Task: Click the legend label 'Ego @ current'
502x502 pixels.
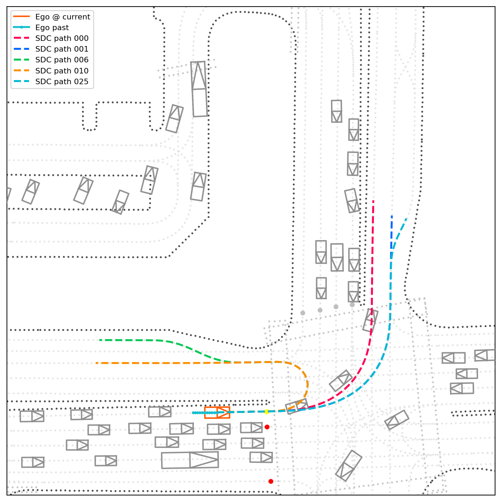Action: [x=62, y=17]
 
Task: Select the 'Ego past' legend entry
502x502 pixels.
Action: [x=52, y=28]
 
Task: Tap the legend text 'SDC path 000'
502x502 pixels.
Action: [x=62, y=38]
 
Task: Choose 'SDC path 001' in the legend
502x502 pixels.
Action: [x=62, y=49]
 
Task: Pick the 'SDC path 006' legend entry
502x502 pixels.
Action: [x=62, y=60]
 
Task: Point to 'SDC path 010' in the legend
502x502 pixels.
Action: [x=62, y=71]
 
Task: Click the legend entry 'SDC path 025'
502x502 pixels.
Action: [x=62, y=82]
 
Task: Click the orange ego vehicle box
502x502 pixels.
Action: [x=217, y=413]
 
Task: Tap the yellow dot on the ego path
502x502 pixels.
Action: [x=266, y=412]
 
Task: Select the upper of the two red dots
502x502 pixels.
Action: [x=267, y=427]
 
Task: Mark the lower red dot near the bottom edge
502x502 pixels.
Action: [x=271, y=481]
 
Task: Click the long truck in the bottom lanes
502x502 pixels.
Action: [x=190, y=460]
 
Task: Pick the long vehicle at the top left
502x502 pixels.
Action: [x=199, y=89]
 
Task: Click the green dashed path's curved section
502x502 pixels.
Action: [x=194, y=350]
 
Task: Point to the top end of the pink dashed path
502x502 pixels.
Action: [x=373, y=201]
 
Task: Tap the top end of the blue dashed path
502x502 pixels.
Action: [x=392, y=216]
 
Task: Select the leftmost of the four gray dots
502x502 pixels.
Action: [x=303, y=313]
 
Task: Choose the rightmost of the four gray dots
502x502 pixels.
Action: [x=352, y=305]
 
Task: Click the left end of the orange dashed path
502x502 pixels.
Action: [x=96, y=363]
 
